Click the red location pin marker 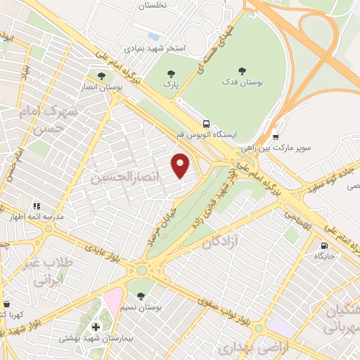coord(181,165)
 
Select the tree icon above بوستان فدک coord(243,70)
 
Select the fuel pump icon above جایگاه coord(323,246)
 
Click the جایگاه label coord(323,258)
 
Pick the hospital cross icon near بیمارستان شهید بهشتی coord(96,327)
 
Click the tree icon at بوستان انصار coord(101,75)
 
